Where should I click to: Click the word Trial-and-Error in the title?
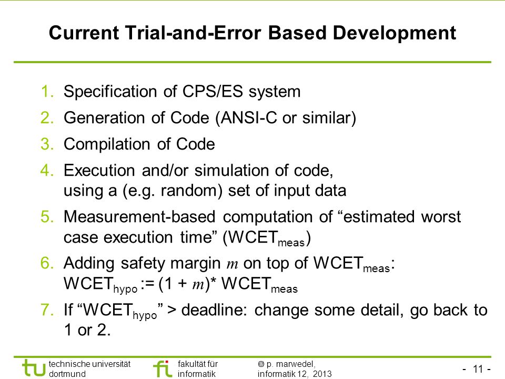click(193, 33)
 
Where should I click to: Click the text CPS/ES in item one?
click(213, 91)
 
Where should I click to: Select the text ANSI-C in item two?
click(249, 117)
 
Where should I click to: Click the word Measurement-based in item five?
click(139, 216)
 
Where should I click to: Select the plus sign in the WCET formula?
click(182, 284)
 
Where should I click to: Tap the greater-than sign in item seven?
click(171, 310)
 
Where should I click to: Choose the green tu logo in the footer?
click(34, 368)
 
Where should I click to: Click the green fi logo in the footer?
click(163, 368)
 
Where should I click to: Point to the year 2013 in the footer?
click(322, 374)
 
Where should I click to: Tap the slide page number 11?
click(478, 368)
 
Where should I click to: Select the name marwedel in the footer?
click(295, 364)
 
